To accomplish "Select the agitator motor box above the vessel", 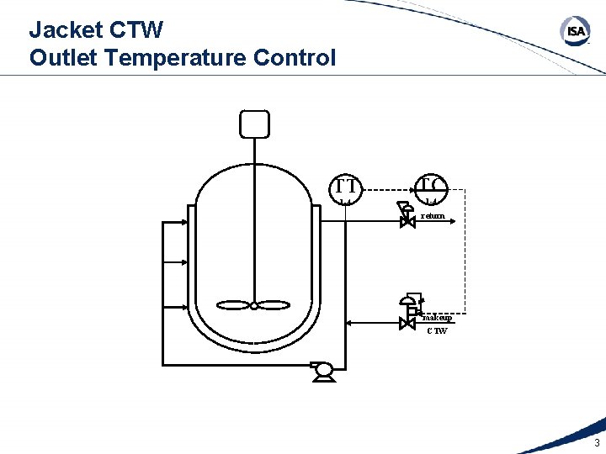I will tap(253, 124).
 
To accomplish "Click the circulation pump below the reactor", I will tap(322, 369).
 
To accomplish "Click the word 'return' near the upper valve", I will tap(433, 216).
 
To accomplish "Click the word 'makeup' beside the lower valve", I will tap(438, 318).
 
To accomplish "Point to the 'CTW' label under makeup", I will tap(437, 330).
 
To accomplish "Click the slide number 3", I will tap(597, 443).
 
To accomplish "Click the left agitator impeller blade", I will tap(232, 306).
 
